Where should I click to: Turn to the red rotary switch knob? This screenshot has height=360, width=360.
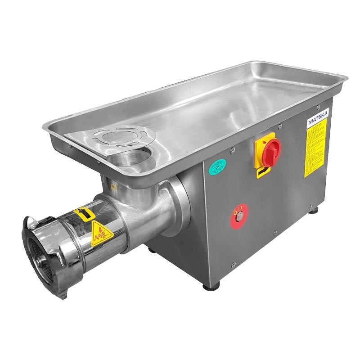[x=269, y=150]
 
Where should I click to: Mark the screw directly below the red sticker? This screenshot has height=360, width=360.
[x=232, y=264]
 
